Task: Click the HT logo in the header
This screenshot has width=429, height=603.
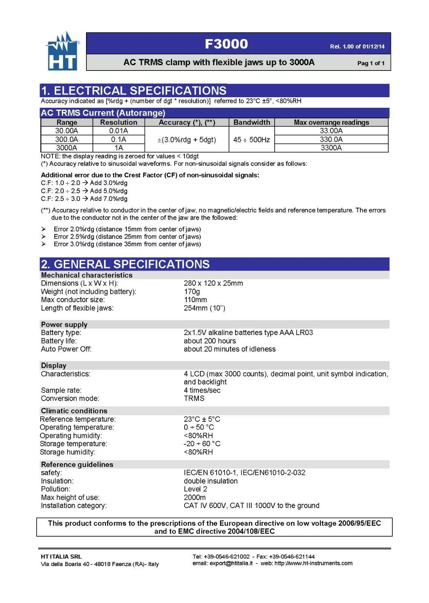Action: coord(63,52)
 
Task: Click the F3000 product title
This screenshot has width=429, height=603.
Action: coord(226,44)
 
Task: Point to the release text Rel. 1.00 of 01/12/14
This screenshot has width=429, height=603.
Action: coord(357,47)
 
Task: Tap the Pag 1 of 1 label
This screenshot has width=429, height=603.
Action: coord(371,63)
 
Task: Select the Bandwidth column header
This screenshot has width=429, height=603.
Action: coord(252,122)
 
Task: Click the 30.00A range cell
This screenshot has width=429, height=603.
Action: coord(67,131)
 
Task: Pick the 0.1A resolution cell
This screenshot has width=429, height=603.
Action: coord(119,139)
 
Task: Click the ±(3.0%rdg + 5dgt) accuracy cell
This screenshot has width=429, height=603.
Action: coord(186,140)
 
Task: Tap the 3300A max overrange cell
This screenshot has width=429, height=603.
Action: coord(331,148)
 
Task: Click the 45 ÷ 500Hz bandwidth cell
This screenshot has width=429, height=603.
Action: coord(251,140)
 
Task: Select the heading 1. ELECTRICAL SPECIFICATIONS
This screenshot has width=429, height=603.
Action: coord(134,91)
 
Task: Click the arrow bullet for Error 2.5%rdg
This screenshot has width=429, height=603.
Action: coord(44,237)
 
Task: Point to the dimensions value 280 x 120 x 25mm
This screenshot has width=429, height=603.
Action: coord(213,283)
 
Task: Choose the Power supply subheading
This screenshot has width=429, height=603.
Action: coord(64,324)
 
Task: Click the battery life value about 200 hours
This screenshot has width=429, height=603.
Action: coord(210,341)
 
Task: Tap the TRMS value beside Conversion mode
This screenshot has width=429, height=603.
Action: coord(194,398)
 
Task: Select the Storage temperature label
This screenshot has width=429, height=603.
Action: coord(74,444)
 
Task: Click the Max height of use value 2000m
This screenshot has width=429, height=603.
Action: coord(195,497)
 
